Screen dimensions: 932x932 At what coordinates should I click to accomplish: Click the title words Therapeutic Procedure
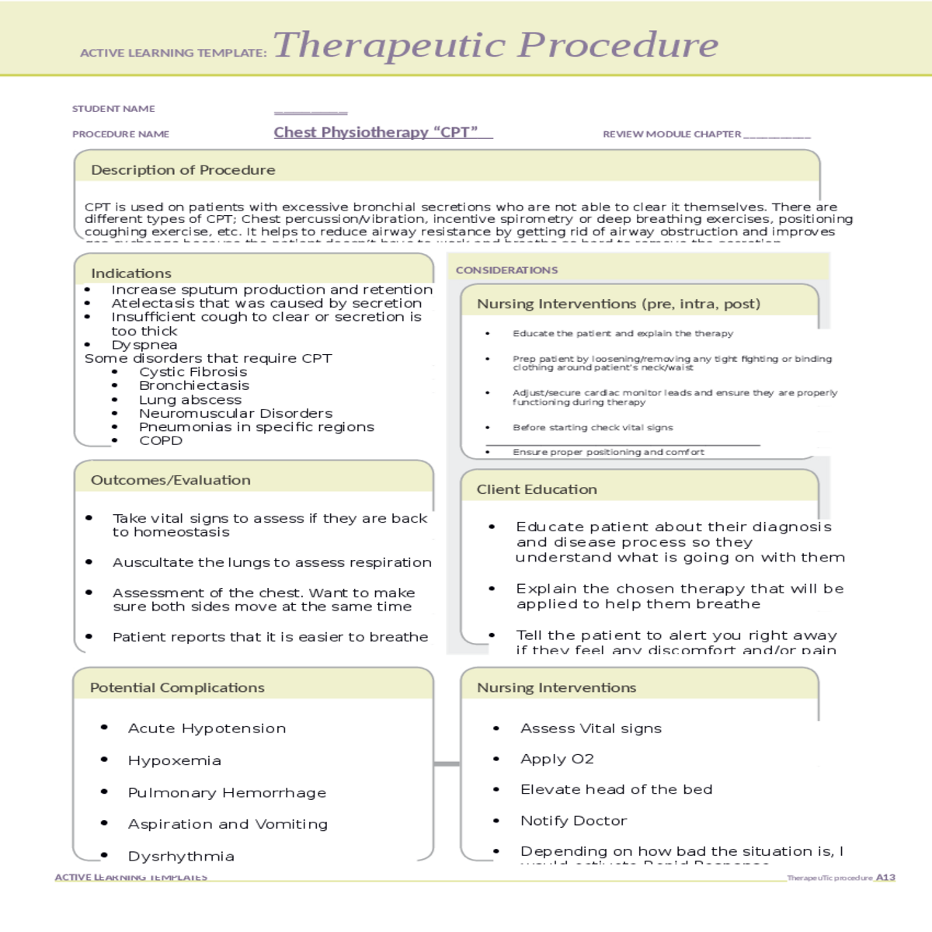(496, 45)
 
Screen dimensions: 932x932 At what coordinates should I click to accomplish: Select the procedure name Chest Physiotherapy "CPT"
(376, 132)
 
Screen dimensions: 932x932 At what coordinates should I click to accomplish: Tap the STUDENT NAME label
(113, 109)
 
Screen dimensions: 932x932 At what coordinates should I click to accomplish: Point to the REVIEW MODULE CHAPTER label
(672, 134)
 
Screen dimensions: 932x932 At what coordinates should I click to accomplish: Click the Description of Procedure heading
(183, 169)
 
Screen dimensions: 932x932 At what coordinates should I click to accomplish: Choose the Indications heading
(131, 273)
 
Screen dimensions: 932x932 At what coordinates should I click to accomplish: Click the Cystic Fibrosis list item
(193, 372)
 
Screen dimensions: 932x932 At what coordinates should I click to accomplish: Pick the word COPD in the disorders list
(161, 440)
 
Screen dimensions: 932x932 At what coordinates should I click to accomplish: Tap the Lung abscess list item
(190, 399)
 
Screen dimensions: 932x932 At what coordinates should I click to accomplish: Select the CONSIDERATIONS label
(506, 270)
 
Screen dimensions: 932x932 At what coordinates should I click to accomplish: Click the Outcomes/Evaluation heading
(171, 480)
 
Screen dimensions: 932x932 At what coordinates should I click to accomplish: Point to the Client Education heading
(537, 489)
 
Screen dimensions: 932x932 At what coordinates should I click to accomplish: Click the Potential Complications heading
(177, 687)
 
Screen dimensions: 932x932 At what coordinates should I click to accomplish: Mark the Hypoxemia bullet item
(175, 760)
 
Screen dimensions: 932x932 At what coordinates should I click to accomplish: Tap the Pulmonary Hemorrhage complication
(227, 792)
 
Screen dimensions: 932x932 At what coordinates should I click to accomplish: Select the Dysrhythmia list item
(181, 856)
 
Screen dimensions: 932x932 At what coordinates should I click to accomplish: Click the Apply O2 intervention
(557, 759)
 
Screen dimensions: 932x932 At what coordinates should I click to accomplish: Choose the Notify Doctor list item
(573, 821)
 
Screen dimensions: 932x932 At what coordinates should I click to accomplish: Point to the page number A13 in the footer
(885, 878)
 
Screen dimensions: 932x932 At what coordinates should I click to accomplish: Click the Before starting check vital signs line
(593, 427)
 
